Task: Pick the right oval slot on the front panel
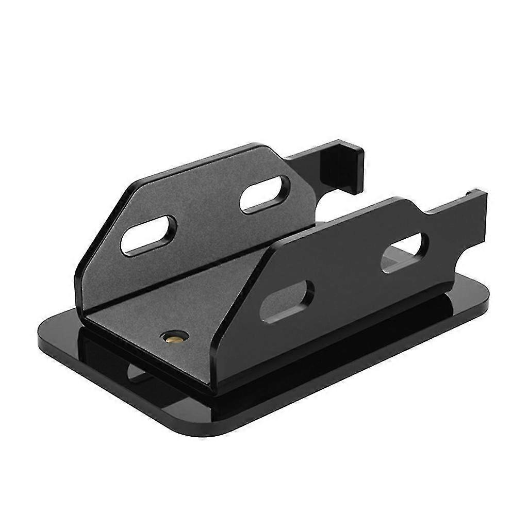(404, 252)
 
